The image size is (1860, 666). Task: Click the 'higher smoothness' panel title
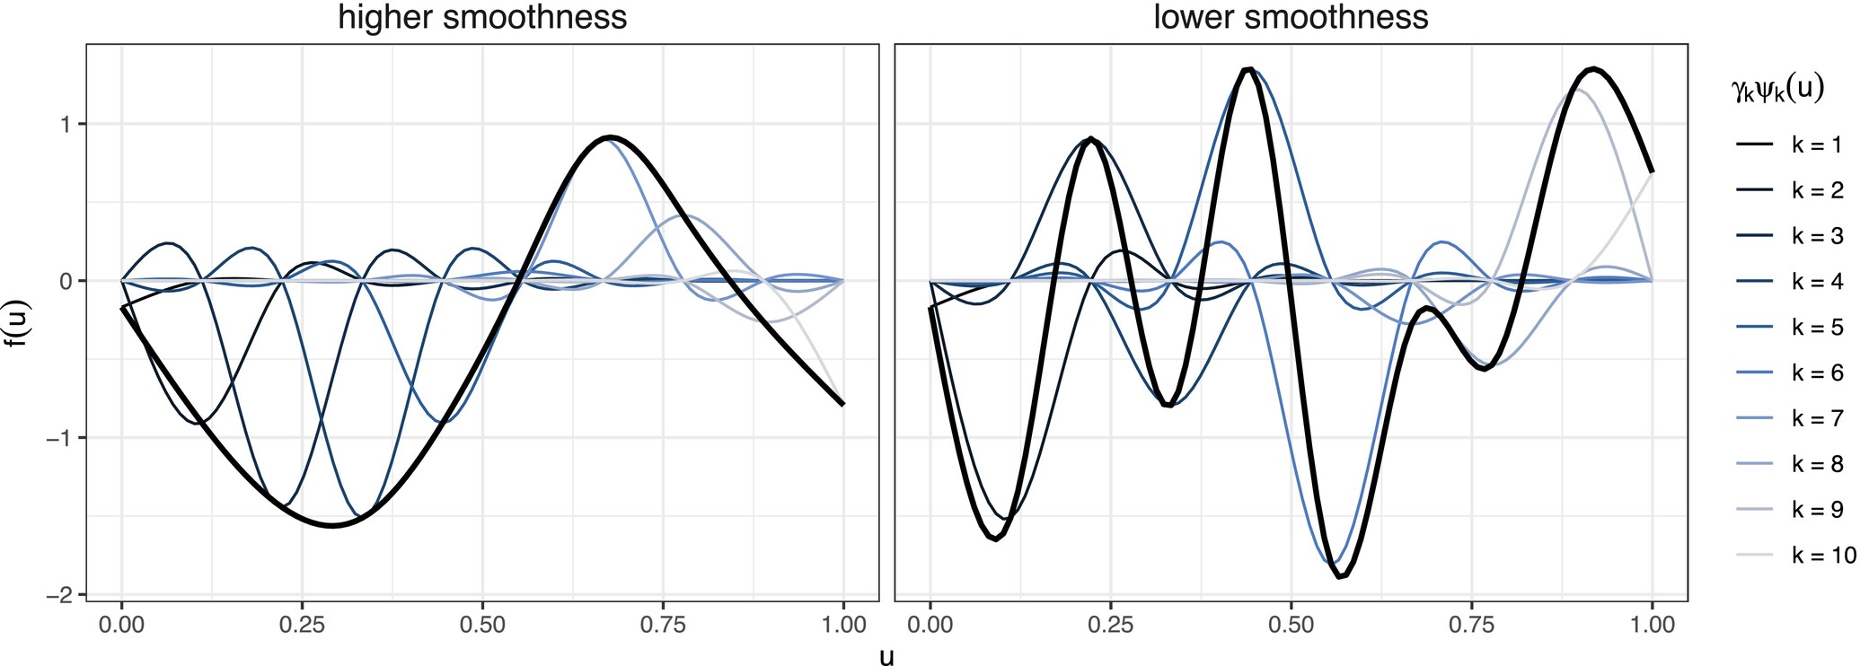click(x=482, y=18)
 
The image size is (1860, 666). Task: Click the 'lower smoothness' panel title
click(x=1291, y=18)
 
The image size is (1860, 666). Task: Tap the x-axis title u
click(x=886, y=656)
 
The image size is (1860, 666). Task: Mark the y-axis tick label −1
click(x=61, y=438)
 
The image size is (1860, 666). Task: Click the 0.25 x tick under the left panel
click(x=302, y=625)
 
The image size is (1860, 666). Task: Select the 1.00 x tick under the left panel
click(x=842, y=625)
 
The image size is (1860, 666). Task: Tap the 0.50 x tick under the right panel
click(x=1291, y=625)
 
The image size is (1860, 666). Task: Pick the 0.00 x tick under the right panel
click(x=930, y=625)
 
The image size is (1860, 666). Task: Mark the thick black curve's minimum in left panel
click(x=332, y=525)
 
